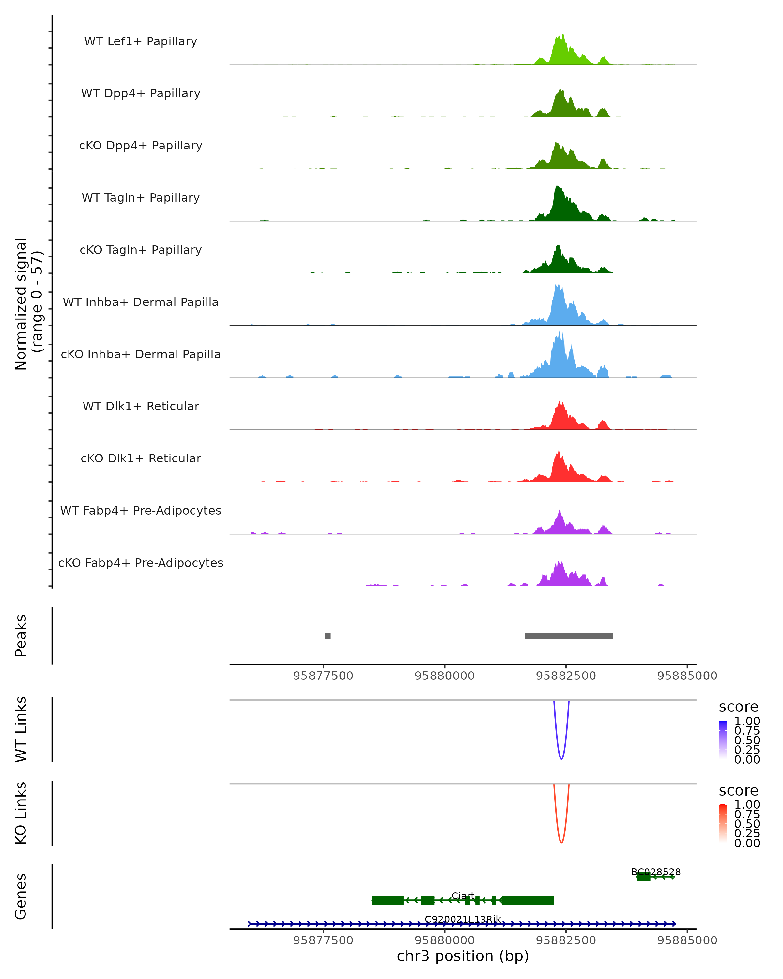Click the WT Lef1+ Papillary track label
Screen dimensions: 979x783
141,41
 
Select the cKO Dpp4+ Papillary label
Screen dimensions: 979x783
141,146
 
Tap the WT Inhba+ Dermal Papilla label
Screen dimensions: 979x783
141,303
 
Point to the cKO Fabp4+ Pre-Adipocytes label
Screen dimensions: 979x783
141,563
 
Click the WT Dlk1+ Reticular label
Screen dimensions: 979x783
141,406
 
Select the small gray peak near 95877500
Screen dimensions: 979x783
328,636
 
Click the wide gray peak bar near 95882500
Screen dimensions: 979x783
569,636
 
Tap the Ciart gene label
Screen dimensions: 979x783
463,895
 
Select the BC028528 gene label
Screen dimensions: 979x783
655,872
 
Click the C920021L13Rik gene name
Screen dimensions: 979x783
463,919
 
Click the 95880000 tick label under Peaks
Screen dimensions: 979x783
444,676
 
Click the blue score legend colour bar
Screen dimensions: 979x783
723,739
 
